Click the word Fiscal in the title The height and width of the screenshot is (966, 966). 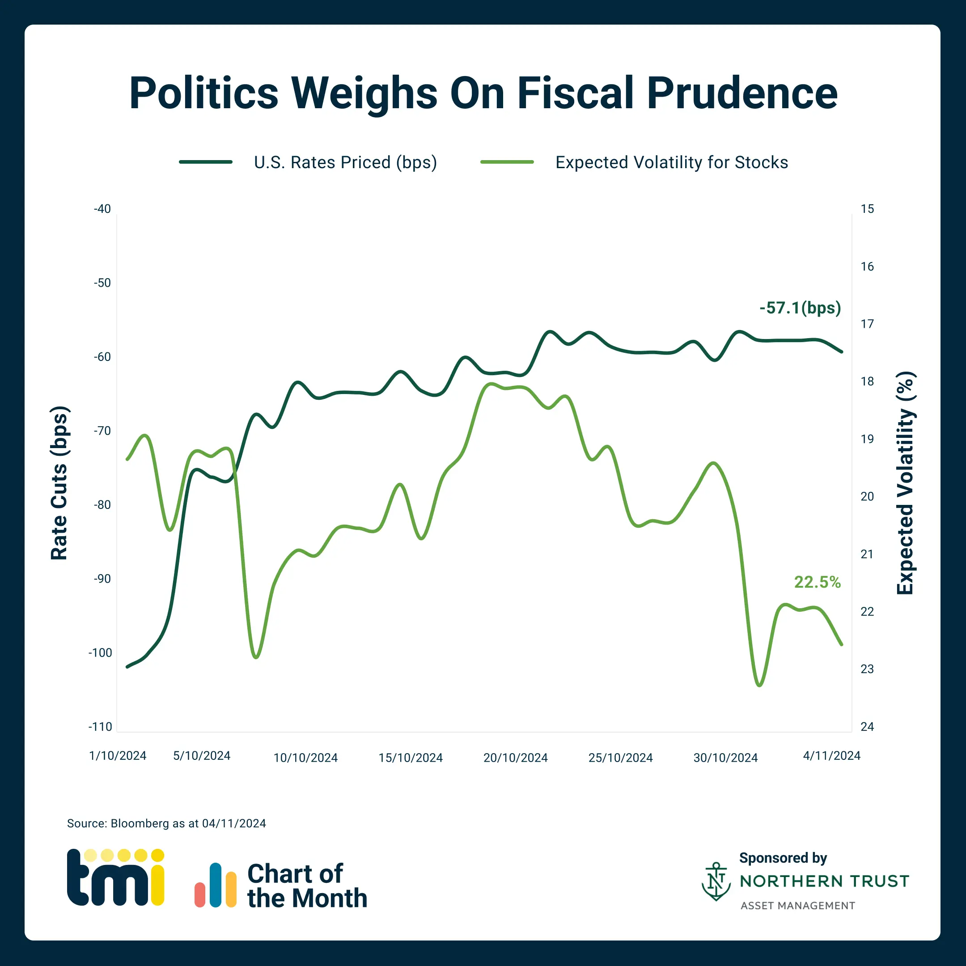[576, 93]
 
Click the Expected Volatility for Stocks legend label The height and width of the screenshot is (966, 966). [671, 162]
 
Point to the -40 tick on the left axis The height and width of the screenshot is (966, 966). [102, 209]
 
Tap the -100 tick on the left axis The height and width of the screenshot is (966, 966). [101, 652]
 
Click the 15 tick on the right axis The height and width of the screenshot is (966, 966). [867, 209]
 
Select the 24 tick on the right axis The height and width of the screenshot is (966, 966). [867, 726]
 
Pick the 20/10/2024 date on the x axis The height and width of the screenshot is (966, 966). [516, 758]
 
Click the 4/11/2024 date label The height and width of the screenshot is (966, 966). [831, 755]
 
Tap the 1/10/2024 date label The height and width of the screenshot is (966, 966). [118, 755]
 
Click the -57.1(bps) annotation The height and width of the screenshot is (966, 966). [800, 308]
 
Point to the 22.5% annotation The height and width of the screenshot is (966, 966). [818, 582]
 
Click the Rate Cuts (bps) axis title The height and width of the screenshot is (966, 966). [59, 483]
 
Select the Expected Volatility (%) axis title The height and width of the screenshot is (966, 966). [905, 483]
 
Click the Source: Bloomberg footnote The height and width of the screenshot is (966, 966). [166, 823]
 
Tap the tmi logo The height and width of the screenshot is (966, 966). [115, 877]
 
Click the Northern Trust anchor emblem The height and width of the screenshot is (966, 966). [716, 881]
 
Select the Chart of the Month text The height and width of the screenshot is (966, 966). [306, 886]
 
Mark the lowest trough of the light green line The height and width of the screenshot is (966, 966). [759, 686]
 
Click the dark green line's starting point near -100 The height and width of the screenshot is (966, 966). [127, 666]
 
